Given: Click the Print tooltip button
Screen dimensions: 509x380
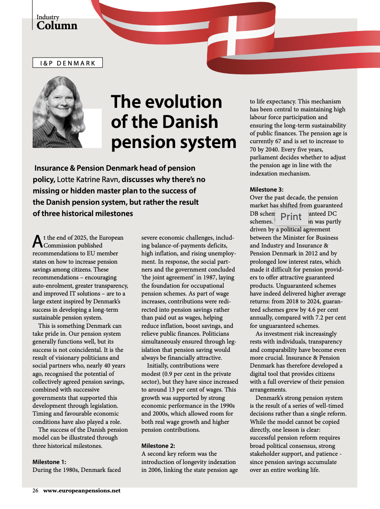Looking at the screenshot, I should click(291, 217).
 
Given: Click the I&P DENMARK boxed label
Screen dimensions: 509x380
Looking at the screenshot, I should click(67, 63).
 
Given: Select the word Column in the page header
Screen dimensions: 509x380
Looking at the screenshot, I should click(57, 26).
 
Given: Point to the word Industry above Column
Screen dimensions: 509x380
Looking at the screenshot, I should click(48, 17).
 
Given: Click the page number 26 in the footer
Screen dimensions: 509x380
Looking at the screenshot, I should click(36, 490).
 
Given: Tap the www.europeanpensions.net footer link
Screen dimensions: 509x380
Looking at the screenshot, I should click(82, 490).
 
